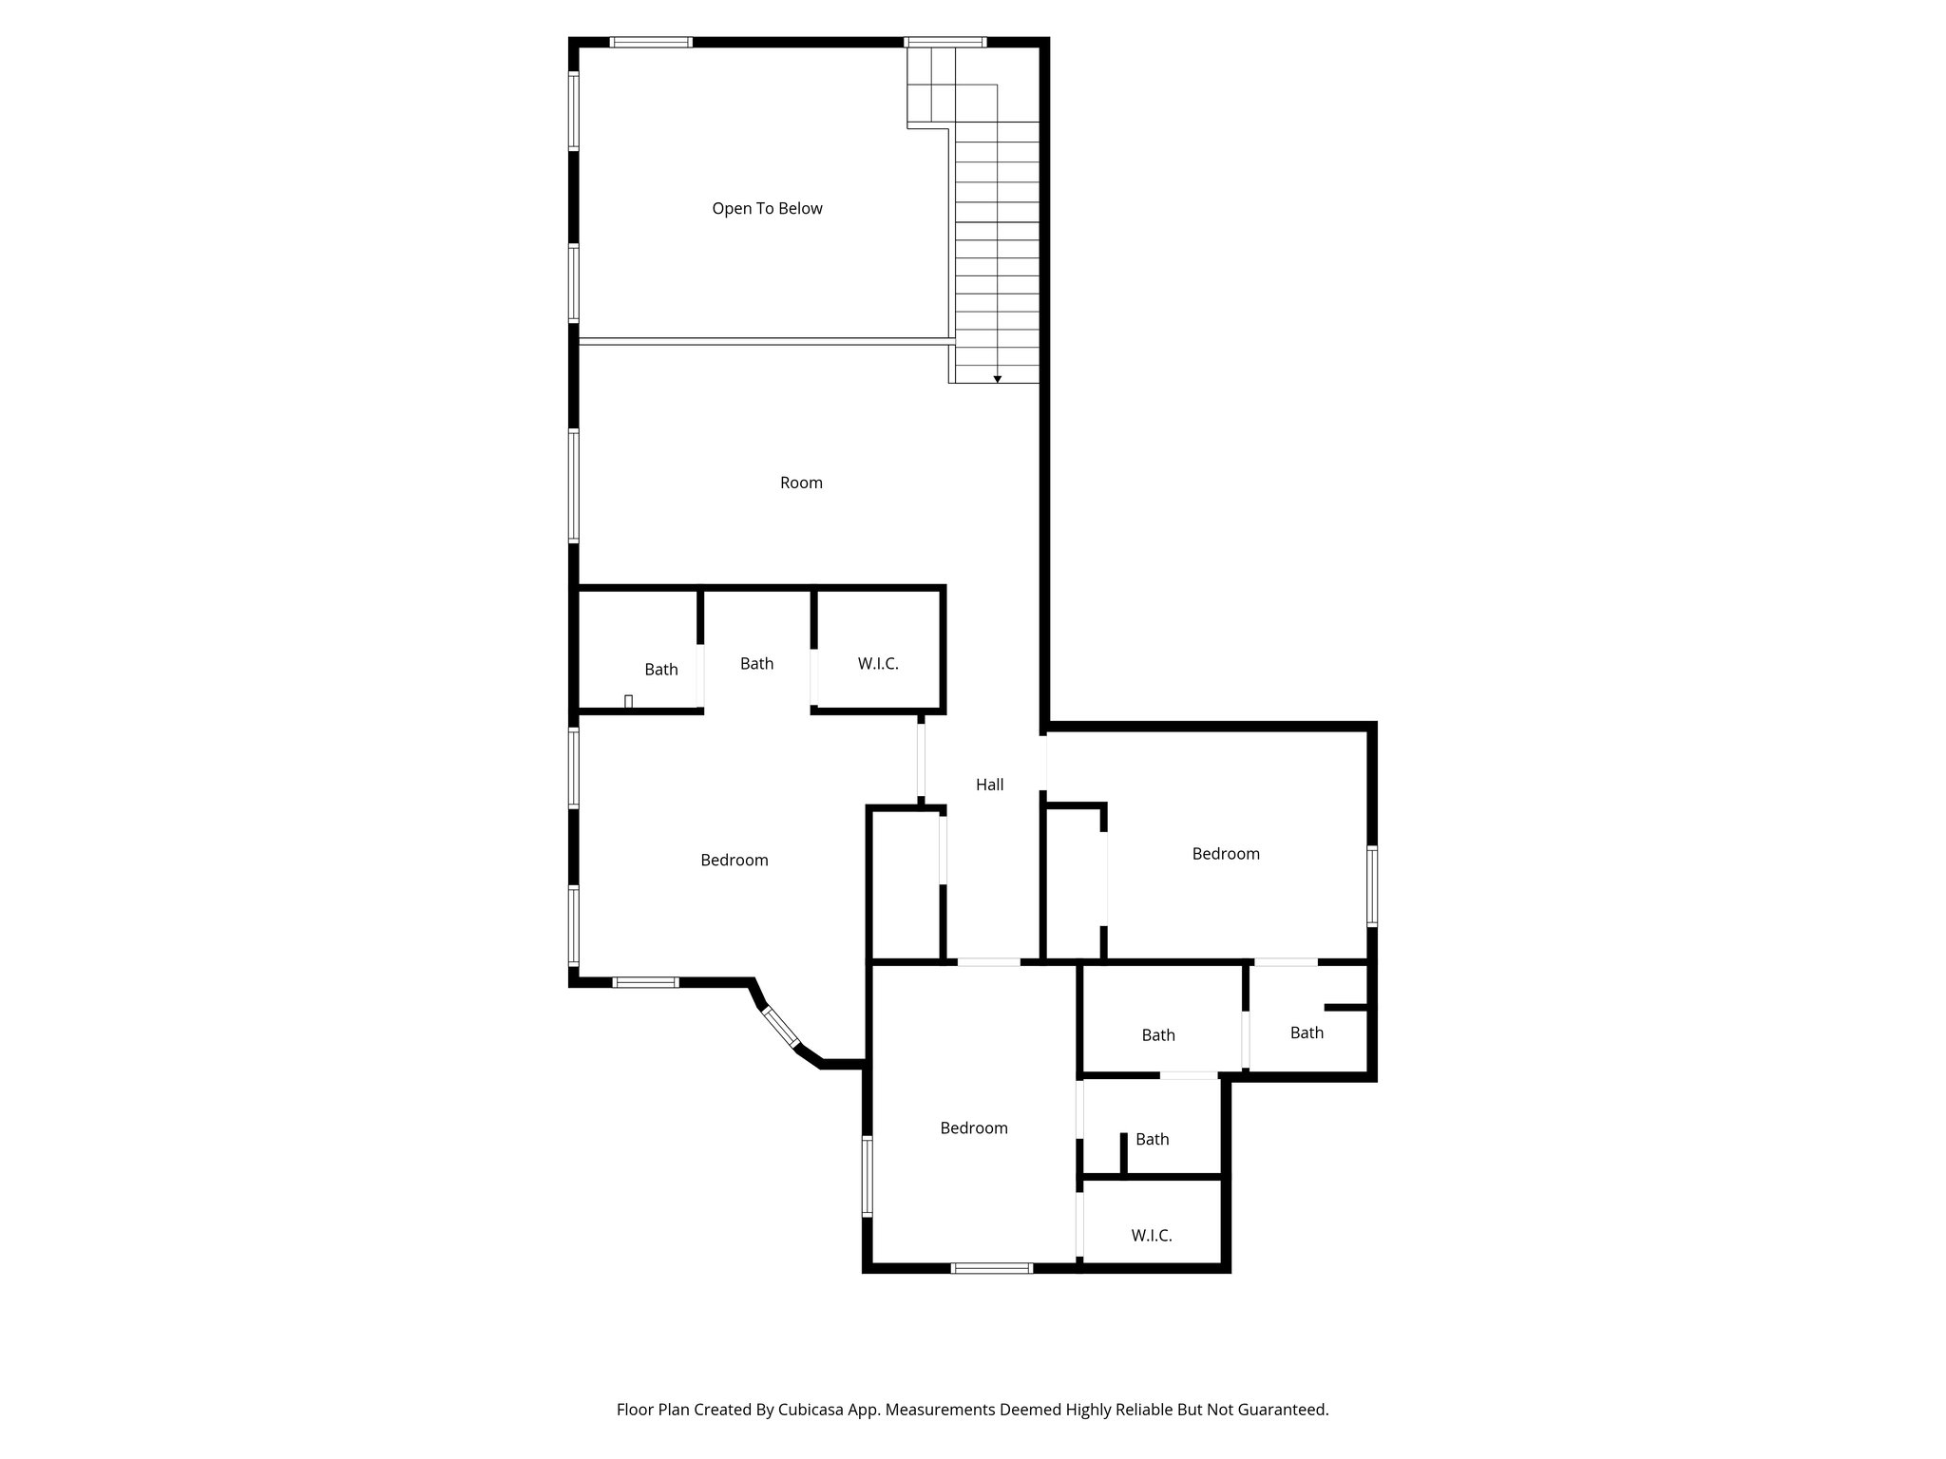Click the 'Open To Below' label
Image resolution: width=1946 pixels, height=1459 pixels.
767,209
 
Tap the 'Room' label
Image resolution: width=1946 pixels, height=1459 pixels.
801,483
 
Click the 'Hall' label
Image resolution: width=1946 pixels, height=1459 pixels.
989,785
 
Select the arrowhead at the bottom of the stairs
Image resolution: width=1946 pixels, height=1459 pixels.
998,379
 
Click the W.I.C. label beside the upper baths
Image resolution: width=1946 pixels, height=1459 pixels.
877,664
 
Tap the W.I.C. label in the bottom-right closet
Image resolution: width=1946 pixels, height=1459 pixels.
1151,1236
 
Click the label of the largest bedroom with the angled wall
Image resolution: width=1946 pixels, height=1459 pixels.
734,861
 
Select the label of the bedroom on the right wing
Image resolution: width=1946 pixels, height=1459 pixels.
1226,854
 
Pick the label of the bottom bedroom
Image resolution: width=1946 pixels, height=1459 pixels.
973,1128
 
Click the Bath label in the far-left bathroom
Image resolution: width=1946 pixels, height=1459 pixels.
660,670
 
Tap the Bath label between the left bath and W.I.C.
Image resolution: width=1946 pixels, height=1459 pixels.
756,664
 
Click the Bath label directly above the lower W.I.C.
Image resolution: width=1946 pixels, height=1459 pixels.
1152,1139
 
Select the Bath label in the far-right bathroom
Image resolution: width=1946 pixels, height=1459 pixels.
1307,1033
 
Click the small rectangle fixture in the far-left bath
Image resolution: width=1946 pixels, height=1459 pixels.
628,701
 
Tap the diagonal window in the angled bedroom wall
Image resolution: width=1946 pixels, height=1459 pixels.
781,1028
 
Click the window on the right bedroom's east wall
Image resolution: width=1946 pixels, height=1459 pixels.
1372,886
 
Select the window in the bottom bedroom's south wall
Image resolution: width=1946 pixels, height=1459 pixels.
991,1267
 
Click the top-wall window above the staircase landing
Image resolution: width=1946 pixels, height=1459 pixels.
944,42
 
